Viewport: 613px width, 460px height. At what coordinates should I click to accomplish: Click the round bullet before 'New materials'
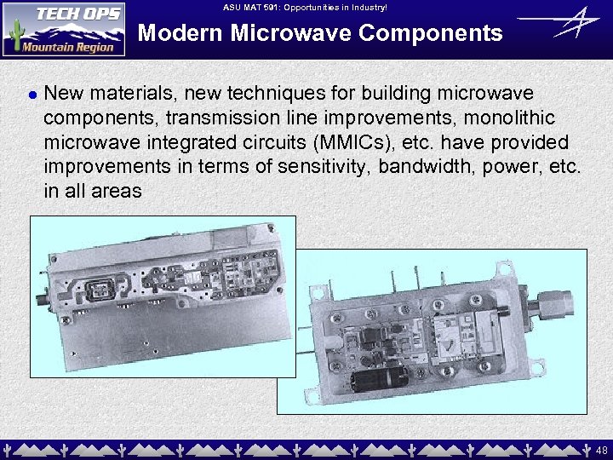coord(31,93)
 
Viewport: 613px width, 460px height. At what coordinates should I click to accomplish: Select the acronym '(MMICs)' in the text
coord(348,141)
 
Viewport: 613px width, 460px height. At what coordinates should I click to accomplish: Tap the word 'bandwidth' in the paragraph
coord(421,166)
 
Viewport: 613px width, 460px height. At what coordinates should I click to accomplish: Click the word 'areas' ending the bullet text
coord(117,191)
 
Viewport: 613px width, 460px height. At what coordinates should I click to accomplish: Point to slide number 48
coord(601,449)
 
